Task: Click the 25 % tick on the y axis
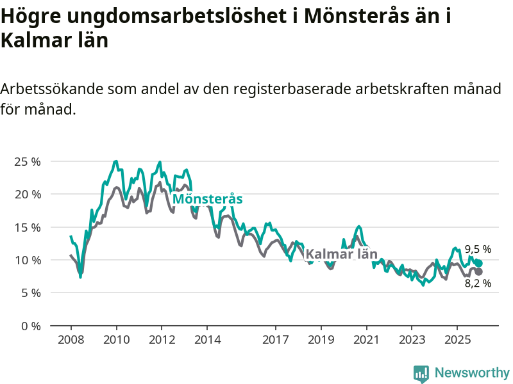(x=27, y=161)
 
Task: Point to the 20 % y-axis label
(x=27, y=194)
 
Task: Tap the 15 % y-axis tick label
(x=27, y=227)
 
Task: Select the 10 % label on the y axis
(x=27, y=260)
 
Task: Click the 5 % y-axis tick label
(x=29, y=293)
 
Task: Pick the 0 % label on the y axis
(x=29, y=326)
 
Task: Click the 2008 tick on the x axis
(x=71, y=339)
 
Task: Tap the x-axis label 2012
(x=161, y=339)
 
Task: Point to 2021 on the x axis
(x=366, y=339)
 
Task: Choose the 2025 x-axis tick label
(x=456, y=339)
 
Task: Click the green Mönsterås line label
(x=207, y=199)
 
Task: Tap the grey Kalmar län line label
(x=341, y=254)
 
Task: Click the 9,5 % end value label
(x=478, y=249)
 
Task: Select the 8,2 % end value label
(x=478, y=284)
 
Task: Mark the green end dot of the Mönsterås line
(x=478, y=263)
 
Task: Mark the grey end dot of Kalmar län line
(x=478, y=272)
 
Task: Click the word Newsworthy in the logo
(x=472, y=372)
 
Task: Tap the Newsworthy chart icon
(x=421, y=373)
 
